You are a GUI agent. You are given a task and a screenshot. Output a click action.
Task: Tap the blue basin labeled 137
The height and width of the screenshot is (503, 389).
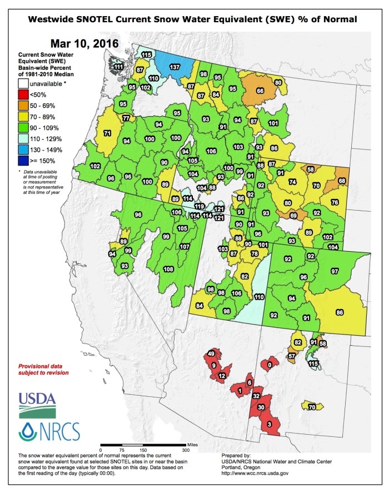click(174, 67)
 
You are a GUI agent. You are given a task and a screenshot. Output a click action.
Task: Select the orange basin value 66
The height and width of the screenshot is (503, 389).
click(260, 91)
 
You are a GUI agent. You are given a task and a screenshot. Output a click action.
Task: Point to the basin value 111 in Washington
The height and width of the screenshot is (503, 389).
click(118, 67)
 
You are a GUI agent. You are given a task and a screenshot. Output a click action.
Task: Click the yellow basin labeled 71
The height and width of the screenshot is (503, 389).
click(107, 133)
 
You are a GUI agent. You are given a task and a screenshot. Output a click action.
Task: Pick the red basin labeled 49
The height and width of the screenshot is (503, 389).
click(211, 353)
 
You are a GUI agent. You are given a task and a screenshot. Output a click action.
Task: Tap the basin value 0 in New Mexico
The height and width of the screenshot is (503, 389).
click(270, 365)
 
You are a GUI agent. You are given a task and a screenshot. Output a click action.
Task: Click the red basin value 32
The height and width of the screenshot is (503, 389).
click(256, 396)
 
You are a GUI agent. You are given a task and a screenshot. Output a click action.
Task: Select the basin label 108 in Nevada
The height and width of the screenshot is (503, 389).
click(168, 269)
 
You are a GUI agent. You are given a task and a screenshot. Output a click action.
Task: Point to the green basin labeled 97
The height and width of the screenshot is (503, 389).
click(335, 271)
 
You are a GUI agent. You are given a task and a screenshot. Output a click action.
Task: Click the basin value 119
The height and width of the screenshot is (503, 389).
click(198, 206)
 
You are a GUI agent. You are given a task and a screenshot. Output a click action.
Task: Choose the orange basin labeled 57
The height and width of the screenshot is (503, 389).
click(292, 356)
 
